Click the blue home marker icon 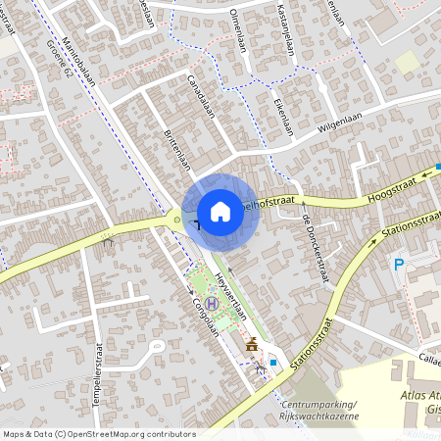[x=220, y=212]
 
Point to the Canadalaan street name [x=200, y=99]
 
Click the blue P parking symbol [x=399, y=264]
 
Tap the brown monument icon [x=253, y=344]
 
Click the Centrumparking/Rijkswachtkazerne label [x=318, y=411]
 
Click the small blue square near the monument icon [x=272, y=362]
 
